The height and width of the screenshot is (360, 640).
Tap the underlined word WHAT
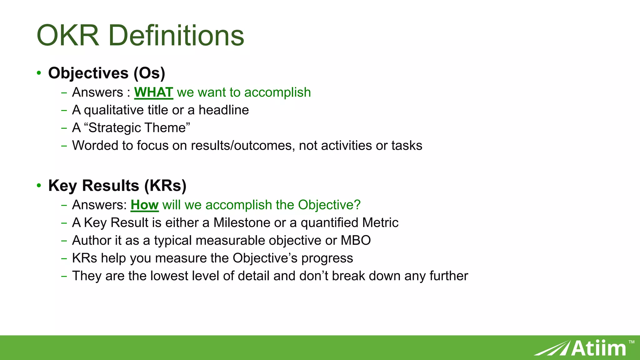(x=153, y=92)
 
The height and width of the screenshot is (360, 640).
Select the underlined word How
(x=144, y=205)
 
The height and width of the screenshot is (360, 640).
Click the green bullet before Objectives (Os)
(x=39, y=73)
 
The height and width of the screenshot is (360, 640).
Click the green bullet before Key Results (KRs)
(x=39, y=186)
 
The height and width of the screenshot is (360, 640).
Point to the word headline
(x=224, y=110)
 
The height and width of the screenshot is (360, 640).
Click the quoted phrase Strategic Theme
(x=137, y=128)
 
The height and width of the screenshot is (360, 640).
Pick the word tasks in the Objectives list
(x=407, y=146)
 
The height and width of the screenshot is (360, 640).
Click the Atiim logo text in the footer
(x=598, y=348)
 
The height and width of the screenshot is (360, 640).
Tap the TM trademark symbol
(x=632, y=342)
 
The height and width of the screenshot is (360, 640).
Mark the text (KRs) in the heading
(x=165, y=186)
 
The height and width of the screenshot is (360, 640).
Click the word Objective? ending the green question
(x=329, y=205)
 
